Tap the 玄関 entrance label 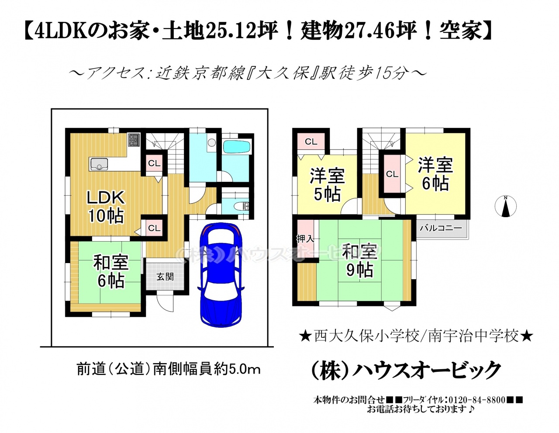(165, 277)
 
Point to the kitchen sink (99, 164)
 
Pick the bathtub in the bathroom (237, 147)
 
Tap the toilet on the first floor (242, 206)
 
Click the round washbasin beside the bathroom (212, 142)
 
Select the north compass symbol (505, 206)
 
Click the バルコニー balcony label (441, 228)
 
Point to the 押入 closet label (305, 239)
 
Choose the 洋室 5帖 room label (327, 185)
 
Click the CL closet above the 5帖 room (311, 142)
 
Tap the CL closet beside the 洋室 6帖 (392, 174)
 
